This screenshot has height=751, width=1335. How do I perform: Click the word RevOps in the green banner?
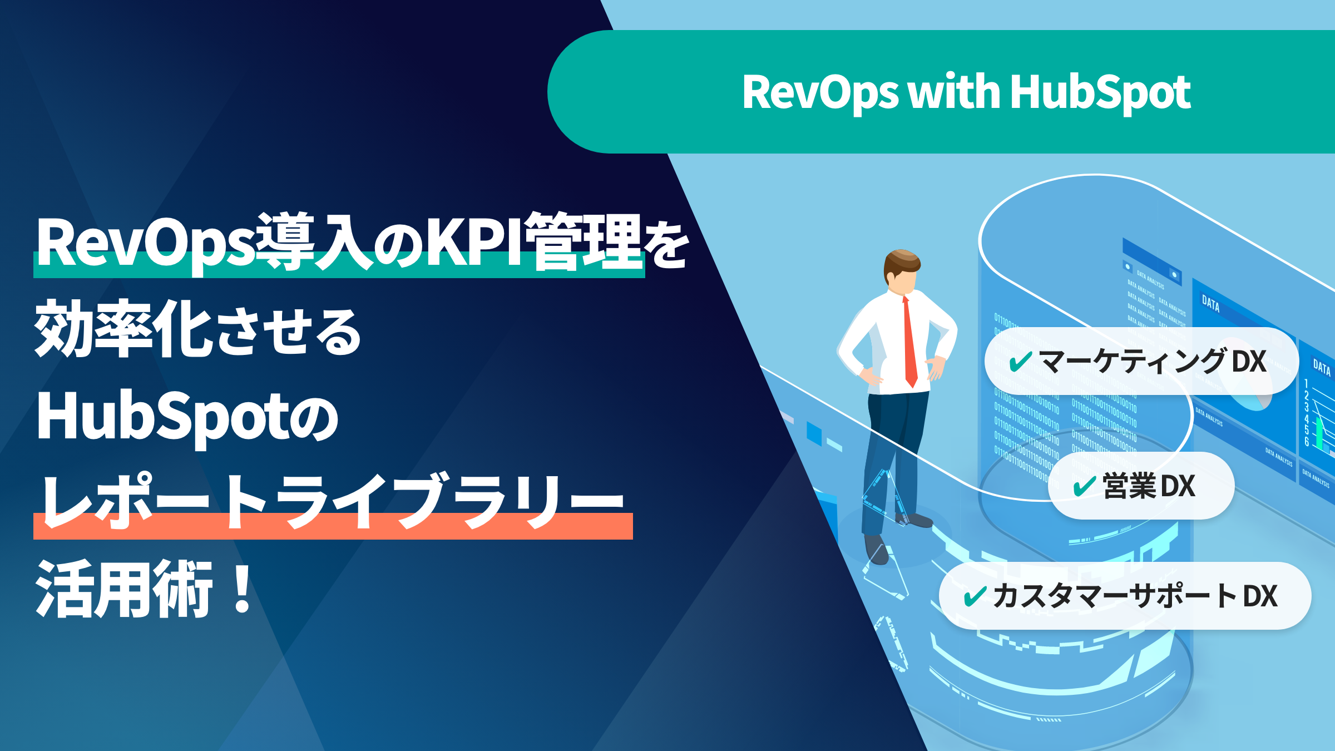820,92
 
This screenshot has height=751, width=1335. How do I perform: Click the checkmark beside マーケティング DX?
1021,362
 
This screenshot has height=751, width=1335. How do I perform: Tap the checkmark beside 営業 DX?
1084,486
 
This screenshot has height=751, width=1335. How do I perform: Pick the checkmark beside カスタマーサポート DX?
975,596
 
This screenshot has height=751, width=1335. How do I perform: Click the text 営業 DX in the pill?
1149,486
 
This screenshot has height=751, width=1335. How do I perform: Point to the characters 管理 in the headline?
584,242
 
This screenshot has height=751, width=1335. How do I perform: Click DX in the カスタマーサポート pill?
1260,596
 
